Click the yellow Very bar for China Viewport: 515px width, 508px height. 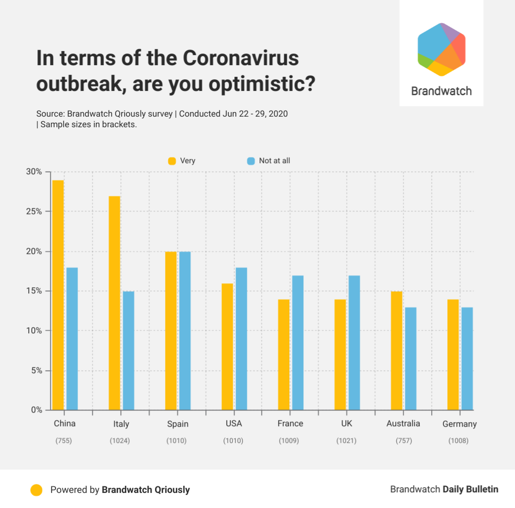58,295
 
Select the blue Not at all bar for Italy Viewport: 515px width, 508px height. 128,350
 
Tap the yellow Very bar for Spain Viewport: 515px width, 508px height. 171,331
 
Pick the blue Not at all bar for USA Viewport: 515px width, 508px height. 241,339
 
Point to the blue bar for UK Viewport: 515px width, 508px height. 354,343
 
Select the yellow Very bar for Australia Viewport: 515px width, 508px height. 396,350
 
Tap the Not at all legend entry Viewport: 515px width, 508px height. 269,161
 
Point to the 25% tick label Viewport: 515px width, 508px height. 34,212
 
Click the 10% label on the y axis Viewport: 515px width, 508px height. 34,331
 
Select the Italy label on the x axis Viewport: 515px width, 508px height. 121,424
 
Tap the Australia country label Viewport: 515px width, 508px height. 403,424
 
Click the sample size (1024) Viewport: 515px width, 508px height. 120,441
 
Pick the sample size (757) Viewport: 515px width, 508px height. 403,441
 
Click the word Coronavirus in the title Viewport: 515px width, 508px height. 241,58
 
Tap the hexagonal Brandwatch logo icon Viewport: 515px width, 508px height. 441,49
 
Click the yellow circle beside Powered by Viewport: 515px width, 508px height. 36,490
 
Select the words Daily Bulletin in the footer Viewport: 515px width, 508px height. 471,489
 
